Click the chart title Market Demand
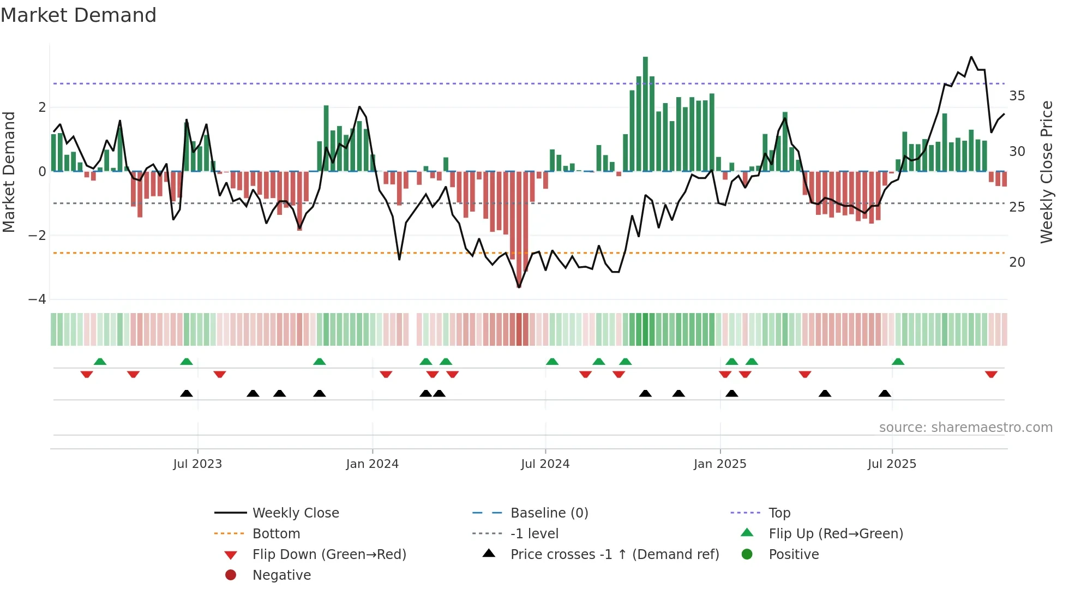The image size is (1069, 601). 79,15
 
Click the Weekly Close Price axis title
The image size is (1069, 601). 1047,172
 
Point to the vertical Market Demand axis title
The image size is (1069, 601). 9,172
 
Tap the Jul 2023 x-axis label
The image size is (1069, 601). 197,464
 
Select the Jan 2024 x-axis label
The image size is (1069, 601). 372,464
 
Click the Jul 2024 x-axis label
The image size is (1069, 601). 545,464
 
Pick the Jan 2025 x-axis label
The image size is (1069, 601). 719,464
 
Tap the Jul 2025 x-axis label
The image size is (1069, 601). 892,464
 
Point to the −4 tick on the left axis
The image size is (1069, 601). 37,299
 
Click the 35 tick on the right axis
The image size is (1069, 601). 1017,96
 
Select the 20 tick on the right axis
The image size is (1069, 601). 1017,262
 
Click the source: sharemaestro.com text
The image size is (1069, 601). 965,428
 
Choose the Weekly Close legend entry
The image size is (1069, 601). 295,513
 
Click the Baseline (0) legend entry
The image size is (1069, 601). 549,513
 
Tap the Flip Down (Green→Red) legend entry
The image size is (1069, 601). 329,555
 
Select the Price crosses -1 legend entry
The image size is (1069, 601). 614,555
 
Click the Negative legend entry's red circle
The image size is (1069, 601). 231,575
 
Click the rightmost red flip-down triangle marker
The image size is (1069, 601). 991,374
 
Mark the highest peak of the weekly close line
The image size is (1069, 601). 971,57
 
